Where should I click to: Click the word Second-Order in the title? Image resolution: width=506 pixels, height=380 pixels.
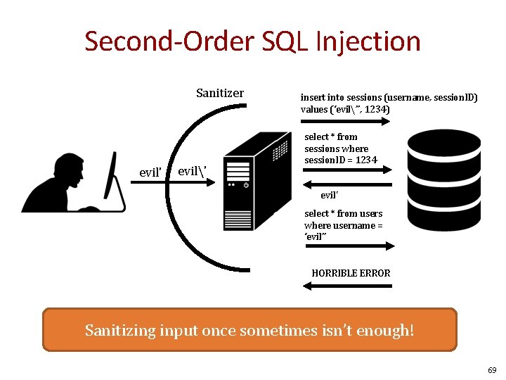click(x=169, y=41)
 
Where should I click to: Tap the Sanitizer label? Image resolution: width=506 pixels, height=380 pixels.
click(x=220, y=93)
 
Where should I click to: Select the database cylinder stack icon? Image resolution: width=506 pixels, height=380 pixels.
click(x=443, y=179)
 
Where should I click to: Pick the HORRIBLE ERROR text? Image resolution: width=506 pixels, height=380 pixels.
click(x=351, y=273)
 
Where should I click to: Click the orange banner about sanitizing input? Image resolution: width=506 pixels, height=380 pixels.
click(x=249, y=329)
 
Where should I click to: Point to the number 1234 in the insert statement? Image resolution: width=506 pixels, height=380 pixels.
click(x=377, y=110)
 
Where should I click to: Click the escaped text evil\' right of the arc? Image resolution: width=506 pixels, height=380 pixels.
click(x=192, y=172)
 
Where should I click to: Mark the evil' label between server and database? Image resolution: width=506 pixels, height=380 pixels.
click(x=330, y=195)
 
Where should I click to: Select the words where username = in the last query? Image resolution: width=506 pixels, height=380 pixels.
click(x=343, y=225)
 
